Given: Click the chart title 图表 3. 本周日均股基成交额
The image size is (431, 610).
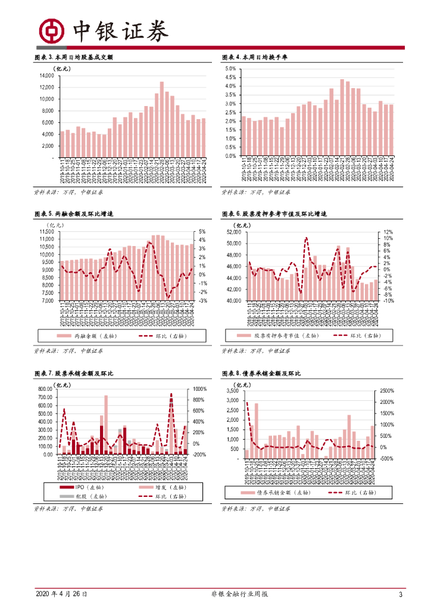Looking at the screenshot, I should click(74, 57).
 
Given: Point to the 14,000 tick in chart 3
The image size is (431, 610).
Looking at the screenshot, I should click(46, 76).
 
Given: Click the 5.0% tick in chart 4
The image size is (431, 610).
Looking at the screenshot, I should click(230, 69).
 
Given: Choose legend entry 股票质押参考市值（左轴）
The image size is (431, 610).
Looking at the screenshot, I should click(280, 337).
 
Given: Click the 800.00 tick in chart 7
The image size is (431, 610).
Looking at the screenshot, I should click(45, 389).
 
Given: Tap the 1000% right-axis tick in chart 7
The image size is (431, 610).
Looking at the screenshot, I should click(199, 389).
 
